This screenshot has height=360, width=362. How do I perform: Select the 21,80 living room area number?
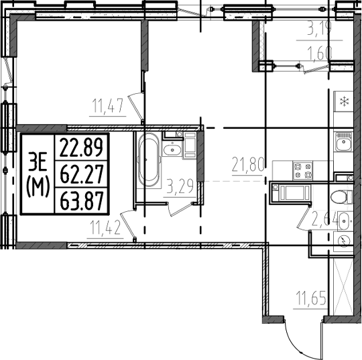coord(249,163)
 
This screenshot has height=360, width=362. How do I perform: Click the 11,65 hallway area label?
coord(310,297)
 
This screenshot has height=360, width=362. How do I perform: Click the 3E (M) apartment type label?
coord(38,174)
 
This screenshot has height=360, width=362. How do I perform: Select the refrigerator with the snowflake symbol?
coord(343,102)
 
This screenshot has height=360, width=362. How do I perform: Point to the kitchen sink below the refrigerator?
coord(343,143)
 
